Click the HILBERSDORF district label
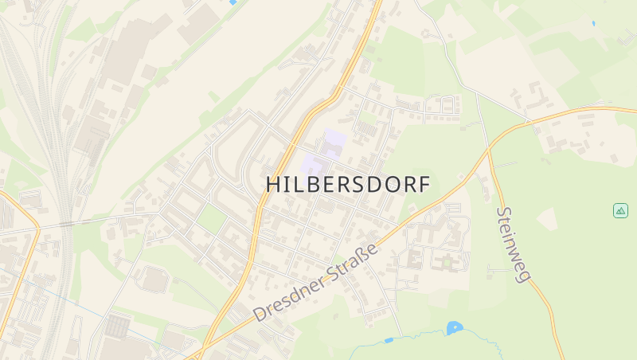coord(347,184)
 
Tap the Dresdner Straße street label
coord(316,283)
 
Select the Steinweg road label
coord(514,244)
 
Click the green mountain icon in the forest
coord(620,210)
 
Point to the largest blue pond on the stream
coord(455,327)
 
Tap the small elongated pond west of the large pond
coord(389,340)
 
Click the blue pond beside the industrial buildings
coord(233,2)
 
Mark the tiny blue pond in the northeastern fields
coord(593,24)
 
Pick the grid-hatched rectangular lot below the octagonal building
coord(117,326)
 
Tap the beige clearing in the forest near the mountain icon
coord(547,218)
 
